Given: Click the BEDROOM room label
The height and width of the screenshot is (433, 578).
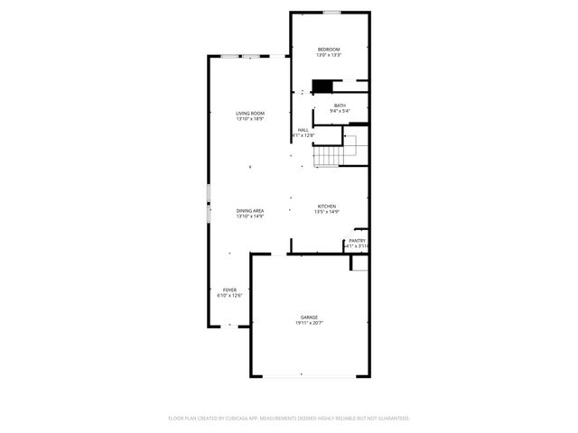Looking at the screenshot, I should [x=328, y=49].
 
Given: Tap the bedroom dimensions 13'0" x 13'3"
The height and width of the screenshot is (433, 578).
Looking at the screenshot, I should [x=328, y=55].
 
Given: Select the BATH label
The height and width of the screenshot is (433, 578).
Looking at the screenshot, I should [x=340, y=106].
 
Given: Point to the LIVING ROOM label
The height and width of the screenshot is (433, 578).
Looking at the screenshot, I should [x=250, y=113].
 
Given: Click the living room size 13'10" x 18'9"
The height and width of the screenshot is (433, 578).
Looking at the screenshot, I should [x=250, y=119].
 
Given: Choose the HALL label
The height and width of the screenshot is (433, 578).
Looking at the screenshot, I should [x=303, y=130].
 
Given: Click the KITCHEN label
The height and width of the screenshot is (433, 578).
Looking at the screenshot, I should [x=326, y=207].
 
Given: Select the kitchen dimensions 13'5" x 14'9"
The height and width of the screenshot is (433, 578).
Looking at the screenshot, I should [x=326, y=213].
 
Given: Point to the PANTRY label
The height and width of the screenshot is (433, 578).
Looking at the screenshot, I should [x=359, y=241].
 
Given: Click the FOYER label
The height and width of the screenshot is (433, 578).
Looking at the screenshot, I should [x=229, y=290].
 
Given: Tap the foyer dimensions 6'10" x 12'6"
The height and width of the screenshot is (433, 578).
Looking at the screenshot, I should [x=229, y=296].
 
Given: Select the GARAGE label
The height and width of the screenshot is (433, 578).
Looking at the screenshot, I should [x=309, y=317].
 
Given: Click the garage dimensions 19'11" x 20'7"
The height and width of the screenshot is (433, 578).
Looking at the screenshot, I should [x=309, y=323].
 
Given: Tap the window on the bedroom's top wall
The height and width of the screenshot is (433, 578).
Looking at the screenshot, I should [x=332, y=12].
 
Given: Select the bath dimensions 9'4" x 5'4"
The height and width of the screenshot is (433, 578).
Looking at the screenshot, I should [x=340, y=112].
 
